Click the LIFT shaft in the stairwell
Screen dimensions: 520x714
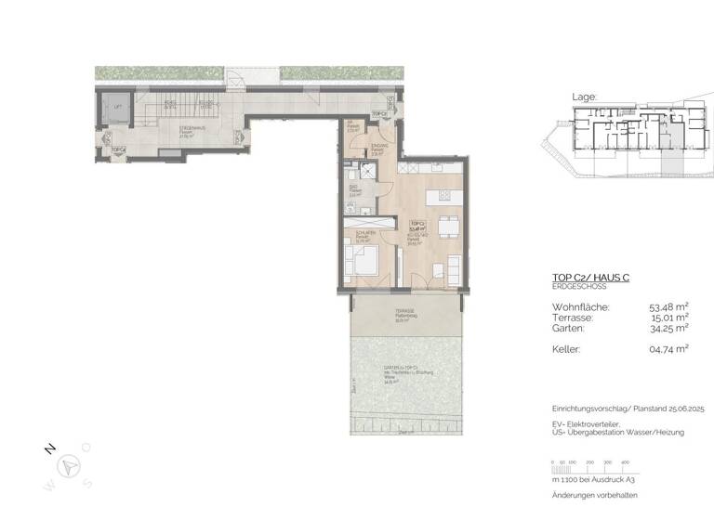[x=118, y=110]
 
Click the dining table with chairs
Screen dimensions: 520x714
[x=447, y=225]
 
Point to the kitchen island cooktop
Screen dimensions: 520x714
[x=443, y=196]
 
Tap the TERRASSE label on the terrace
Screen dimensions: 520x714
[x=402, y=312]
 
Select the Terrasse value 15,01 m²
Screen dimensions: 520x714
[x=668, y=317]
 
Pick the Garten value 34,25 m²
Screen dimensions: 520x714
[x=668, y=328]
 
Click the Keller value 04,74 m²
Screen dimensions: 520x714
[x=668, y=348]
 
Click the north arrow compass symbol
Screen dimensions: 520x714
[x=70, y=466]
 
